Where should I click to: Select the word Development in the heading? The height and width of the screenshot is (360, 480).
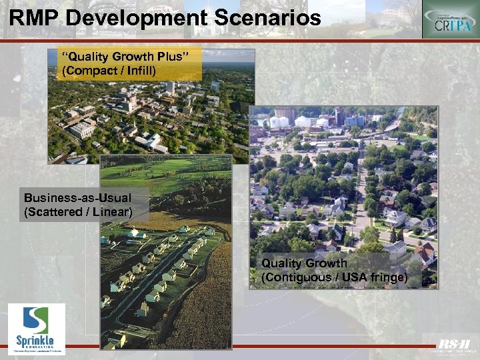pyautogui.click(x=136, y=17)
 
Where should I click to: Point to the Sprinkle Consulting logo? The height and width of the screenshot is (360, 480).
pyautogui.click(x=37, y=328)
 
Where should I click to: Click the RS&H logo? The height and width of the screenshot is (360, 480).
pyautogui.click(x=454, y=345)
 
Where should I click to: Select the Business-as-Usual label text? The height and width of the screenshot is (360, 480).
pyautogui.click(x=77, y=198)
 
